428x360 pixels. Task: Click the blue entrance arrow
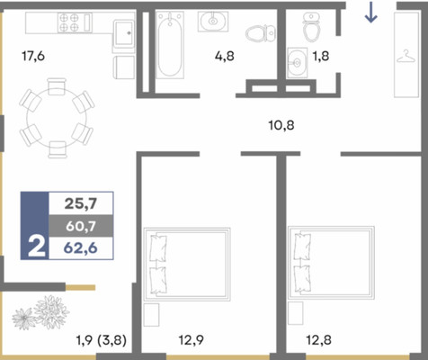(x=370, y=12)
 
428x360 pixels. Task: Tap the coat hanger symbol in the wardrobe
(x=406, y=57)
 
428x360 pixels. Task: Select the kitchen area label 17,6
(x=33, y=56)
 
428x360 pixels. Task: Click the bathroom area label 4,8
(x=225, y=56)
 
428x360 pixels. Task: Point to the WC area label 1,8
(x=321, y=56)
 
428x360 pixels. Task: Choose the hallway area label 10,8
(x=281, y=125)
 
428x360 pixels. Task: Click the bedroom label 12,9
(x=192, y=340)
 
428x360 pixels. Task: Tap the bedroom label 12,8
(x=318, y=340)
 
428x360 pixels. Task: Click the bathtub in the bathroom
(x=170, y=45)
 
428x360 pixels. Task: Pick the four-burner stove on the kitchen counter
(x=69, y=22)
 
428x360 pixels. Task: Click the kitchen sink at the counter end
(x=123, y=32)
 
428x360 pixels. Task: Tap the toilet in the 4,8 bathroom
(x=261, y=33)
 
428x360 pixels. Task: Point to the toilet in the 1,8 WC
(x=312, y=26)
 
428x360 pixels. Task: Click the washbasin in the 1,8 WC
(x=297, y=63)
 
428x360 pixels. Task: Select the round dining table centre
(x=57, y=118)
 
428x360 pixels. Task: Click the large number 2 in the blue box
(x=37, y=247)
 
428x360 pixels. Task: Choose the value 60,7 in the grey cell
(x=81, y=226)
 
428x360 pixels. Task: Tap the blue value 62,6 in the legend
(x=81, y=248)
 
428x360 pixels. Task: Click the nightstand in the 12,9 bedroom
(x=151, y=315)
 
